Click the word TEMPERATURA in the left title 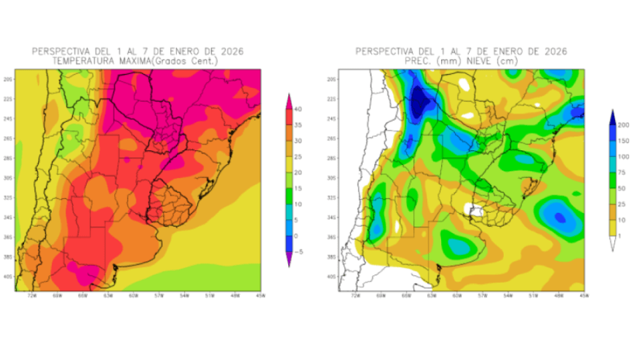[x=86, y=61]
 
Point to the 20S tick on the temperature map [x=7, y=80]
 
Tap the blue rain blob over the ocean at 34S [x=560, y=216]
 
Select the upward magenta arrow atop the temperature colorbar [x=289, y=100]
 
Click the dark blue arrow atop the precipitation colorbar [x=612, y=116]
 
